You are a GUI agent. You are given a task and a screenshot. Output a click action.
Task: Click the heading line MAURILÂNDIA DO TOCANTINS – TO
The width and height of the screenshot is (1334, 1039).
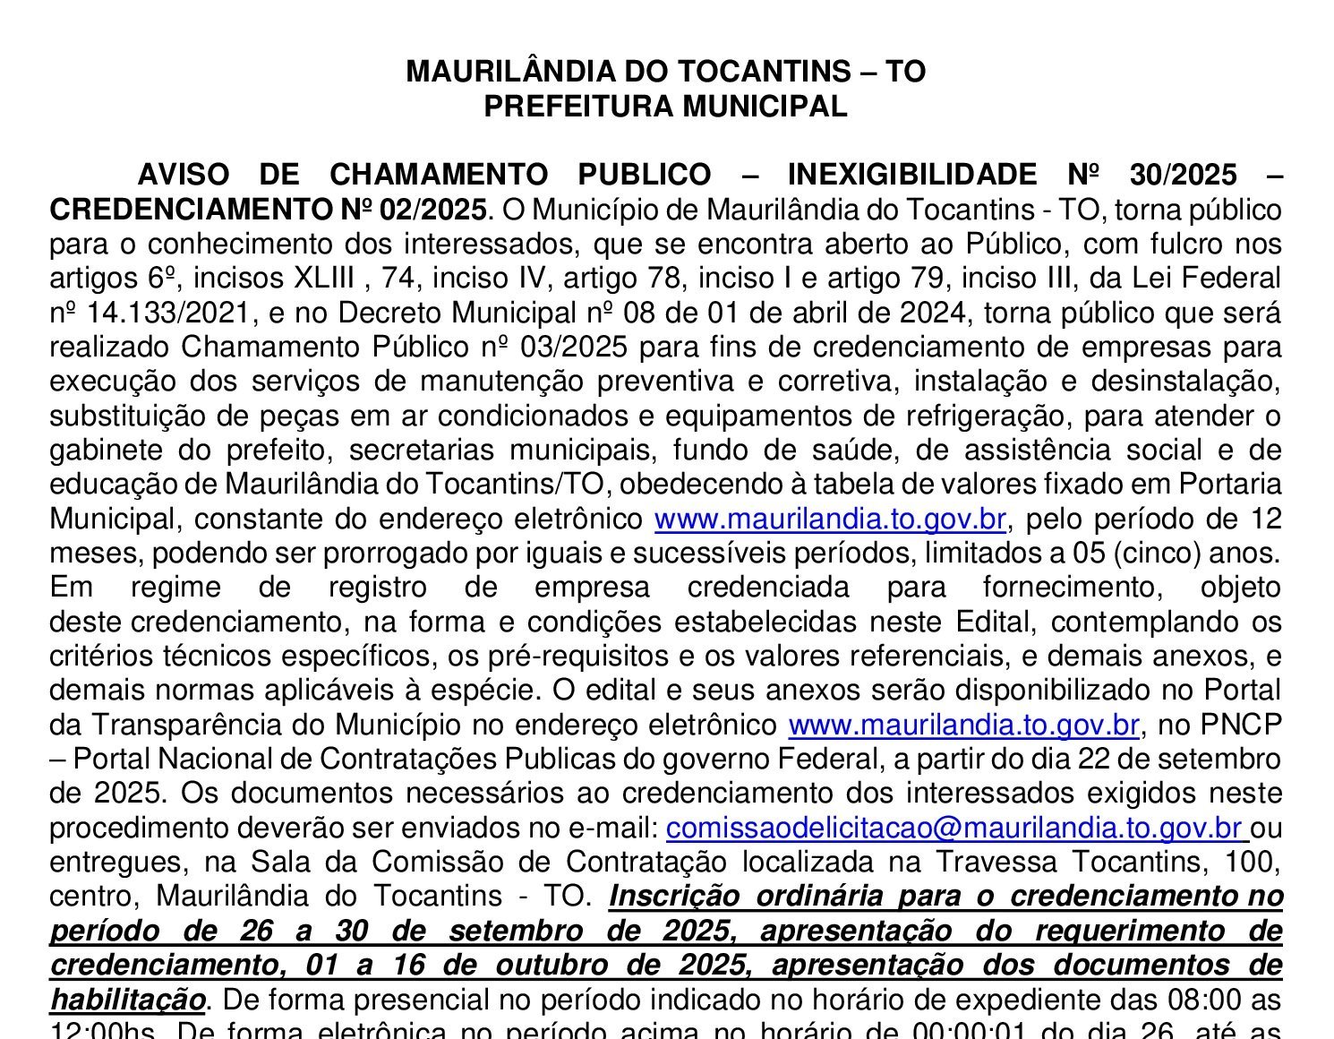click(665, 72)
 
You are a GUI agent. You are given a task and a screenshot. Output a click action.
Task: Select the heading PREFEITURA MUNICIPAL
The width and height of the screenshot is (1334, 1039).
click(665, 107)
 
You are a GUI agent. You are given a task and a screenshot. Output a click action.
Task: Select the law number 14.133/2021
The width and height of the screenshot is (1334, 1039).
click(152, 313)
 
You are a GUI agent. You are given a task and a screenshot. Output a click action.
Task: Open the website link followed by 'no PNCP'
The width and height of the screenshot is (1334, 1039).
click(963, 725)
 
